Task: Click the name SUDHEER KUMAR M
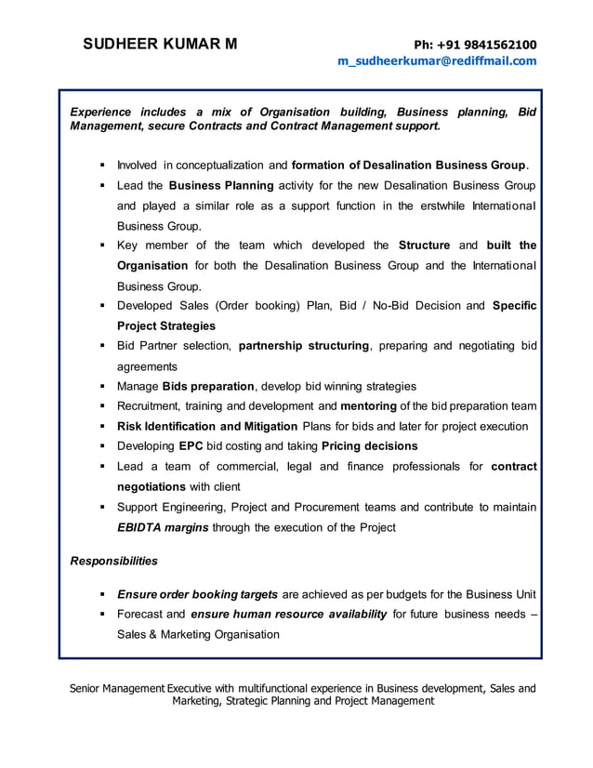coord(160,44)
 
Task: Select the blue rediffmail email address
coord(437,61)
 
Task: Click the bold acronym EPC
coord(191,445)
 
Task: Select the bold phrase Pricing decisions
coord(369,445)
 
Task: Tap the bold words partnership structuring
coord(304,346)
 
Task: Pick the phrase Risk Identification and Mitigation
coord(207,426)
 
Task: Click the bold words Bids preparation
coord(208,386)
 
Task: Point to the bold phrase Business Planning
coord(221,185)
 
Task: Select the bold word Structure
coord(424,245)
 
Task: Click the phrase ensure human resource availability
coord(288,614)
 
